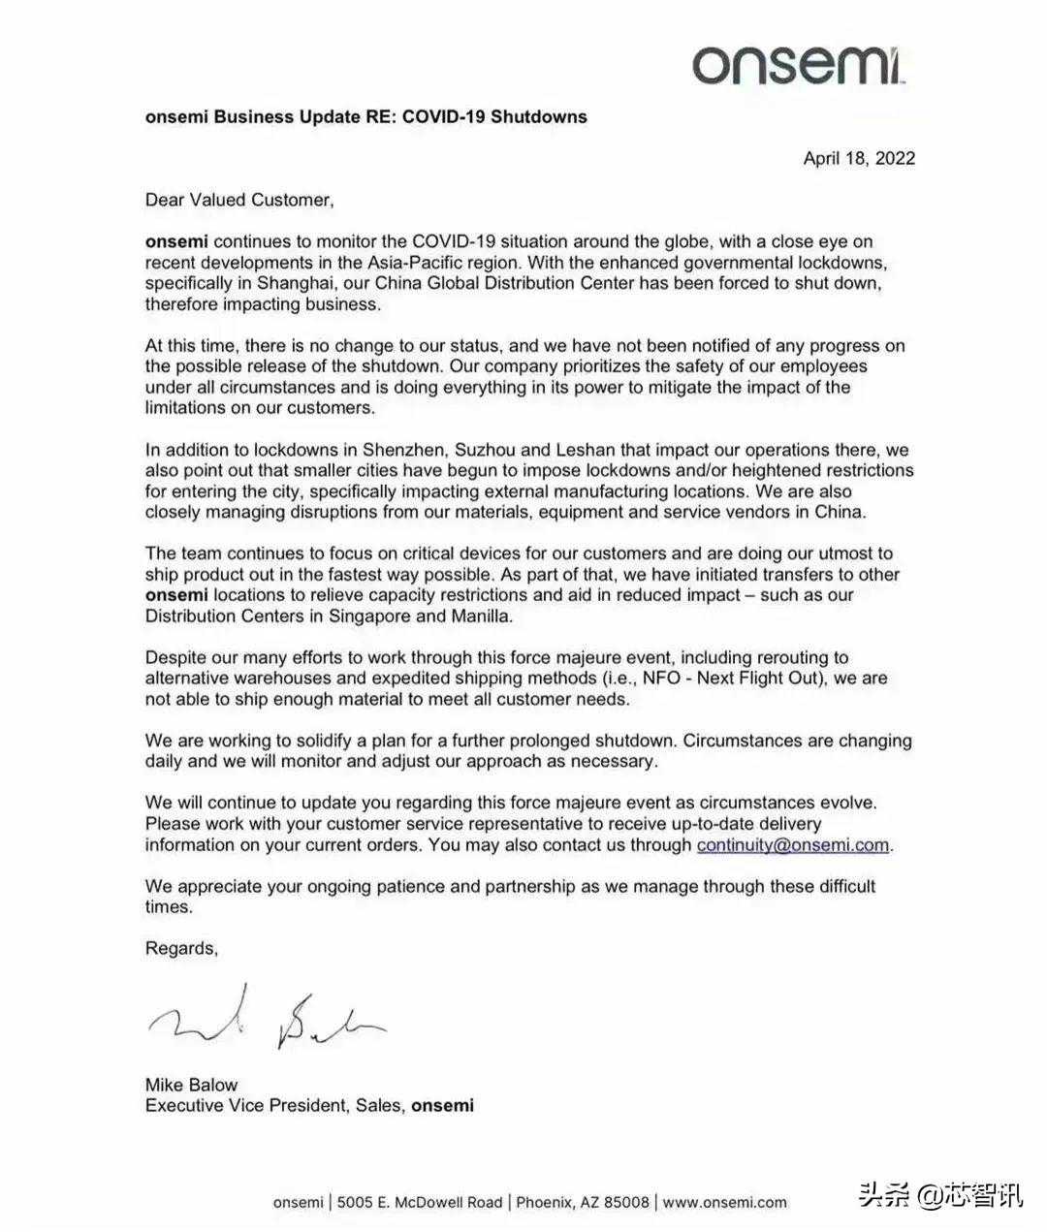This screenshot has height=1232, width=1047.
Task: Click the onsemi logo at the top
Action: click(799, 64)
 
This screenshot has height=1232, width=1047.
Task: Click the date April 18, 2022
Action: click(859, 158)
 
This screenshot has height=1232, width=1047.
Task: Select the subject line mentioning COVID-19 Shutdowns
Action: click(365, 116)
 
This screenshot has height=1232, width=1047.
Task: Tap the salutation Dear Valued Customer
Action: click(238, 200)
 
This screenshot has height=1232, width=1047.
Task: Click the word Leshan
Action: click(582, 450)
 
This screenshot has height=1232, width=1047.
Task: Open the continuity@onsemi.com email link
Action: click(792, 844)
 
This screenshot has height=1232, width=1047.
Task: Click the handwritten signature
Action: click(267, 1019)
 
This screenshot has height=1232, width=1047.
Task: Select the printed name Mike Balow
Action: click(191, 1085)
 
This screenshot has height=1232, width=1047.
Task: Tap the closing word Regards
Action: click(181, 948)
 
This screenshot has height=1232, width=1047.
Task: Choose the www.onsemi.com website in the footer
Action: click(724, 1202)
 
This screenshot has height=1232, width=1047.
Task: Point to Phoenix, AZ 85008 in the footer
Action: click(583, 1202)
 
